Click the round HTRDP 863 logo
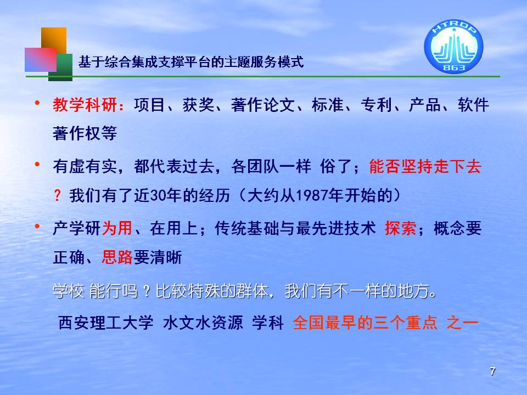[453, 46]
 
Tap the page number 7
[492, 371]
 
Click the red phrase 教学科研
[85, 105]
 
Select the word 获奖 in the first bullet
[198, 105]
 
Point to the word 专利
[377, 105]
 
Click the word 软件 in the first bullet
[473, 105]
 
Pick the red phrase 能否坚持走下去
[425, 167]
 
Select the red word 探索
[401, 228]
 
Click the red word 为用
[117, 228]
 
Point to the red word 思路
[117, 258]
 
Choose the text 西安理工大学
[106, 323]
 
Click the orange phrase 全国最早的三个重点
[365, 323]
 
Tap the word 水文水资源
[203, 323]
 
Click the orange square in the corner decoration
[54, 38]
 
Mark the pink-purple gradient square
[41, 59]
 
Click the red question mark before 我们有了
[58, 195]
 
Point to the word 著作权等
[85, 133]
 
